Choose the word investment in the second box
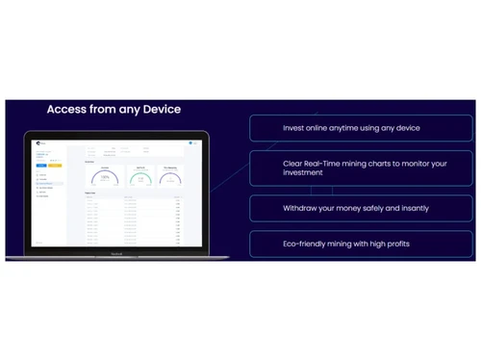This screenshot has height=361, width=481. coord(306,173)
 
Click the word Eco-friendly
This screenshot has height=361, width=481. coord(310,244)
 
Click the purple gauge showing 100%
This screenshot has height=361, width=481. coord(105,177)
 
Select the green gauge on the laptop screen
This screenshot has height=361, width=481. coord(139,177)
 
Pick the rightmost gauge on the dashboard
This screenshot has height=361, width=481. coord(172,177)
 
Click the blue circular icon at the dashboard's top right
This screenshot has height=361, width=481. coord(192,144)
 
